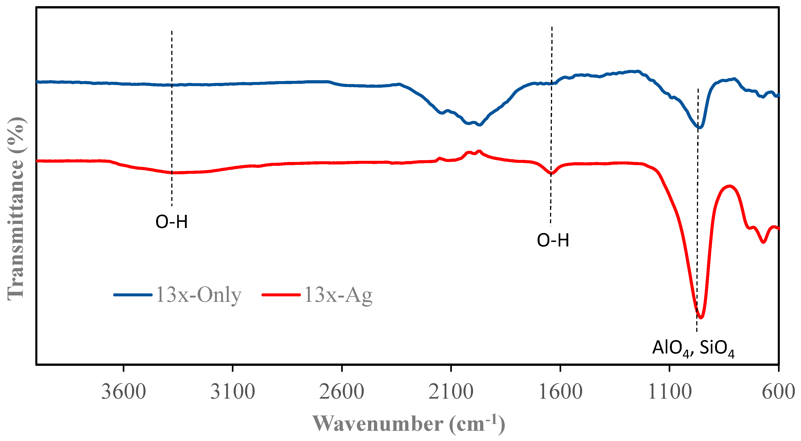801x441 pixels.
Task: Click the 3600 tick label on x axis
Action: tap(123, 392)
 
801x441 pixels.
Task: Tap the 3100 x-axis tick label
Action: tap(233, 392)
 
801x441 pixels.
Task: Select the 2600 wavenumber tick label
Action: tap(341, 392)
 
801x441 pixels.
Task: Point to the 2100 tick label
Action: tap(451, 392)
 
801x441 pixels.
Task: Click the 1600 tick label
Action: tap(560, 392)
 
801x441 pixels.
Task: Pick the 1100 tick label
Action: tap(669, 392)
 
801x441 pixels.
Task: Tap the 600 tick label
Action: tap(778, 392)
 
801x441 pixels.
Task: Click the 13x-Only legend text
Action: tap(198, 295)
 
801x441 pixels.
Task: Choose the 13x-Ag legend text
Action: tap(338, 295)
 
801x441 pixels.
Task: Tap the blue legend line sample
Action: tap(133, 295)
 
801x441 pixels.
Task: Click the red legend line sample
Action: tap(281, 295)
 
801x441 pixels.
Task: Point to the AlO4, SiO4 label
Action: tap(693, 348)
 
